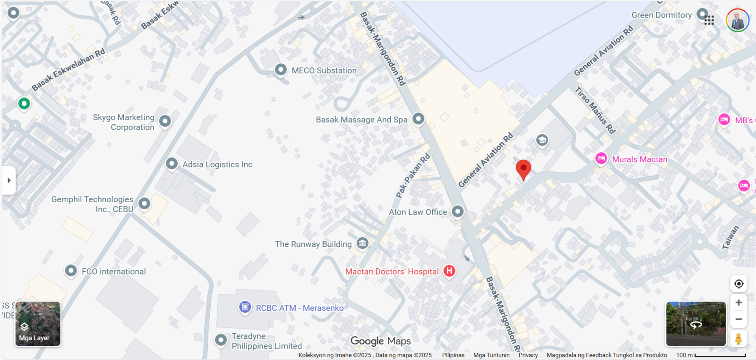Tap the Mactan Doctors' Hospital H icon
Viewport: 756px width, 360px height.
tap(449, 271)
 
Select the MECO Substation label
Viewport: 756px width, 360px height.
tap(324, 70)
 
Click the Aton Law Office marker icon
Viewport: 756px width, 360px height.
tap(457, 211)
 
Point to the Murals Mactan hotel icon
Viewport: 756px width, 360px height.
tap(601, 158)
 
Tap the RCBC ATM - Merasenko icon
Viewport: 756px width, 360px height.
tap(245, 308)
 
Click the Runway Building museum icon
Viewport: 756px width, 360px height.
tap(362, 243)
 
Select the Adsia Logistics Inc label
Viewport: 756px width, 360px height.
tap(217, 164)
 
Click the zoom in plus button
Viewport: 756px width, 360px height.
tap(739, 302)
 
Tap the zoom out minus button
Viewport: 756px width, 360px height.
tap(739, 319)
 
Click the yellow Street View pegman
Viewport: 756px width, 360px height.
tap(739, 338)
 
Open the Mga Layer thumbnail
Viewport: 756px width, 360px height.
tap(38, 324)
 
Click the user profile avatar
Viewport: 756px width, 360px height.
tap(738, 20)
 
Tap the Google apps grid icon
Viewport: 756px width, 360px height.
tap(709, 20)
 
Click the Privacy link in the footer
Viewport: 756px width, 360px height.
tap(528, 355)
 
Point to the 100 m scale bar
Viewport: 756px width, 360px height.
tap(720, 355)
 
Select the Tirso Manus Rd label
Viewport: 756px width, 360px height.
tap(595, 110)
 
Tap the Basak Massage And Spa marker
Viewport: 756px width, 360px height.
tap(418, 119)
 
